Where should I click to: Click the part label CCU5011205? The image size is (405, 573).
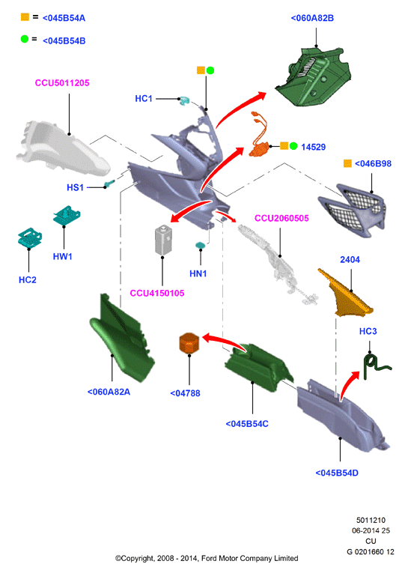pyautogui.click(x=62, y=83)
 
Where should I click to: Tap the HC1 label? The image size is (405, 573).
pyautogui.click(x=144, y=99)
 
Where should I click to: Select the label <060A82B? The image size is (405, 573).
pyautogui.click(x=312, y=18)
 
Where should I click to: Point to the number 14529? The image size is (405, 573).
pyautogui.click(x=314, y=147)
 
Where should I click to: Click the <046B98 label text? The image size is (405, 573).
pyautogui.click(x=373, y=164)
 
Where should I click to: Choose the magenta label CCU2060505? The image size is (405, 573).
pyautogui.click(x=281, y=218)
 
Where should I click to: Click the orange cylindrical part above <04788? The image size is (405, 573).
pyautogui.click(x=189, y=342)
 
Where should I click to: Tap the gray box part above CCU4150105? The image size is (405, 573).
pyautogui.click(x=163, y=240)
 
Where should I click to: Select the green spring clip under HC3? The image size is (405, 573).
pyautogui.click(x=376, y=367)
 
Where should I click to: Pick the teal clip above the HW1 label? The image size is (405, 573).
pyautogui.click(x=67, y=216)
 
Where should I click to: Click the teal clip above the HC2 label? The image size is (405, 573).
pyautogui.click(x=30, y=237)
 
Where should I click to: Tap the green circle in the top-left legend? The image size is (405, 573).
pyautogui.click(x=25, y=39)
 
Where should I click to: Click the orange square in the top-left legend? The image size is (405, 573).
pyautogui.click(x=25, y=16)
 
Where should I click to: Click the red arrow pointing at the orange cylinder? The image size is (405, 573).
pyautogui.click(x=224, y=341)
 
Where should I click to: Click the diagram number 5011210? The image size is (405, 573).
pyautogui.click(x=371, y=520)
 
